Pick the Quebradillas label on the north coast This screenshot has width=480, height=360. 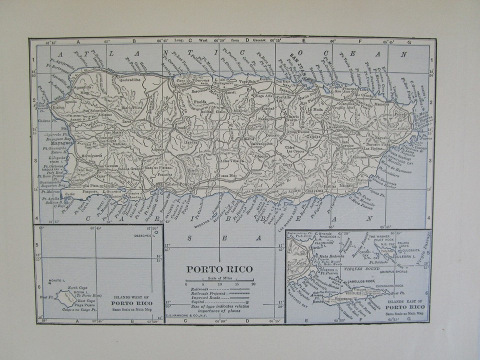[129, 78]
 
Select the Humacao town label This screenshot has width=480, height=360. [360, 156]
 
